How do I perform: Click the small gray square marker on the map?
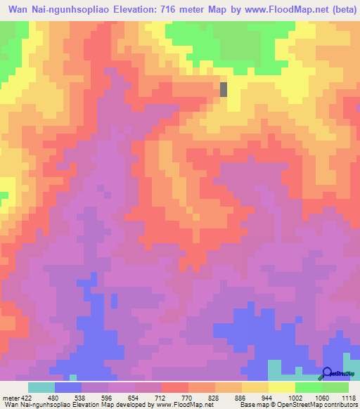[224, 89]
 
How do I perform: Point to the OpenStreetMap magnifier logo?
[327, 373]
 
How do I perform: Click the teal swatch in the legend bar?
[41, 387]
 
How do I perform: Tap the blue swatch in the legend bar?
[68, 387]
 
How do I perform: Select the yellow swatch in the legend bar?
[281, 387]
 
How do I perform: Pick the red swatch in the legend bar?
[174, 387]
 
